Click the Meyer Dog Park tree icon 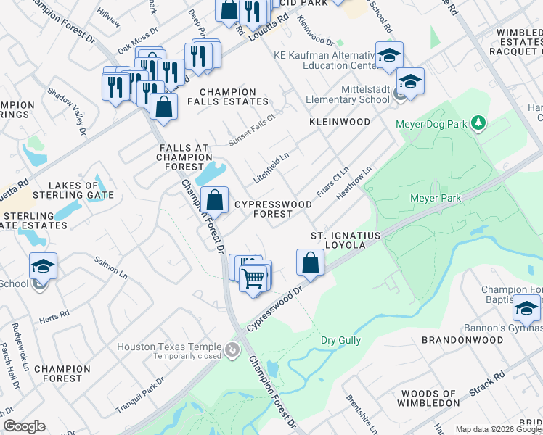click(478, 123)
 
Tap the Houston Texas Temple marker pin click(232, 351)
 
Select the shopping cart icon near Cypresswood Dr click(253, 278)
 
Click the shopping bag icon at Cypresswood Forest click(215, 199)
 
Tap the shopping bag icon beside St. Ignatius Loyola click(310, 262)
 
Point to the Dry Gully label click(341, 340)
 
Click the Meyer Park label click(436, 197)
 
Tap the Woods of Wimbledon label click(430, 397)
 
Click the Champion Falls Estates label click(228, 96)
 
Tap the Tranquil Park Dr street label click(139, 396)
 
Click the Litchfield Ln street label click(271, 167)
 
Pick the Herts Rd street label click(54, 316)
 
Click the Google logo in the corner click(24, 426)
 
